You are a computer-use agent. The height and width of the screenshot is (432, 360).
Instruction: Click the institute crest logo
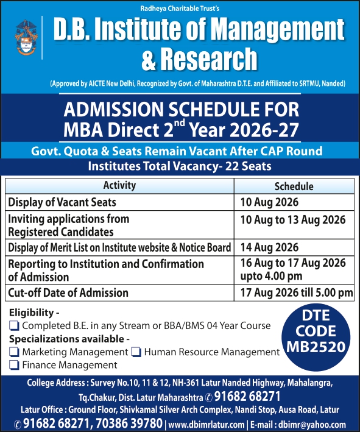pos(26,37)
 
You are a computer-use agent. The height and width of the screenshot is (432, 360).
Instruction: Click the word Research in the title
pos(208,59)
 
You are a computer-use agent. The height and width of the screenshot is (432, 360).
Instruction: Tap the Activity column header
pos(119,185)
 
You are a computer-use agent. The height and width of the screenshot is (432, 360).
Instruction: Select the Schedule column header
pos(294,186)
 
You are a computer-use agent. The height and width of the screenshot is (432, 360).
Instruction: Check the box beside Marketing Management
pos(14,352)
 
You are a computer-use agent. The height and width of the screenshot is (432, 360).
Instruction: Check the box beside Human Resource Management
pos(136,352)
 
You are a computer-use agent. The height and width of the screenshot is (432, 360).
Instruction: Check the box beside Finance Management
pos(14,365)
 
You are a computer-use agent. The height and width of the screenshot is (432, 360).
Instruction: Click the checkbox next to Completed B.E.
pos(14,325)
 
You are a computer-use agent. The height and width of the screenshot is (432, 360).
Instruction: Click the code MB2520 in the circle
pos(316,347)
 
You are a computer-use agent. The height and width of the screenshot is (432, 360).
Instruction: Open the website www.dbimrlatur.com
pos(206,425)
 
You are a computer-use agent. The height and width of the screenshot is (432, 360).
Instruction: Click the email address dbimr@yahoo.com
pos(312,425)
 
